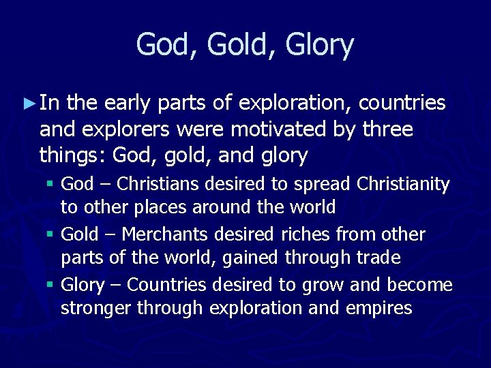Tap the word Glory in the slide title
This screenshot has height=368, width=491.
pyautogui.click(x=321, y=46)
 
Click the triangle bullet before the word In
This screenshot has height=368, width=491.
pyautogui.click(x=28, y=104)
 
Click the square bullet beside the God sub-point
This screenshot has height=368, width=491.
pyautogui.click(x=52, y=184)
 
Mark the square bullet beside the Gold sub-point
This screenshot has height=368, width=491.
pyautogui.click(x=52, y=234)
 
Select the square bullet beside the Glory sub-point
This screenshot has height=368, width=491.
pyautogui.click(x=52, y=285)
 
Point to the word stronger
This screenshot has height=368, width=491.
pyautogui.click(x=96, y=308)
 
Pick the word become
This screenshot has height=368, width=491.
pyautogui.click(x=419, y=285)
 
